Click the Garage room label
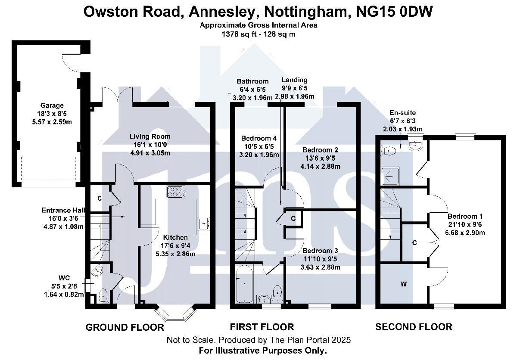click(x=52, y=106)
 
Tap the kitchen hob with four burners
click(x=176, y=192)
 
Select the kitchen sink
click(x=204, y=223)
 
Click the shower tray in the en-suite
click(x=390, y=176)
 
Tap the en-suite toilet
click(x=388, y=151)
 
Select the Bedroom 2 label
click(x=321, y=150)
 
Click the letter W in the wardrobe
click(x=403, y=284)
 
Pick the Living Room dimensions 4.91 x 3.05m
click(x=150, y=153)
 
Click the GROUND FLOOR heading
click(x=125, y=327)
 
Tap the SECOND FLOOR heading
click(x=414, y=327)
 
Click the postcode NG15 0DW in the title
click(x=394, y=12)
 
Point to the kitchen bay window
click(x=176, y=314)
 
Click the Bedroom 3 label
click(x=321, y=251)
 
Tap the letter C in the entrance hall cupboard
click(x=100, y=199)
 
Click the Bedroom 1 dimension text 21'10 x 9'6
click(x=465, y=224)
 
